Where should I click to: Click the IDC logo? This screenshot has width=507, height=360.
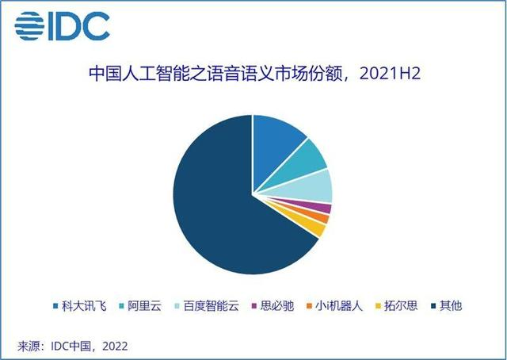62,26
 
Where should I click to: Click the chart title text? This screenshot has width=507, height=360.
255,74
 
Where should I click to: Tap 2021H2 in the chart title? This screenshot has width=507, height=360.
390,74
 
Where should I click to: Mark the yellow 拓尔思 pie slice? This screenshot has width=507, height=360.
315,228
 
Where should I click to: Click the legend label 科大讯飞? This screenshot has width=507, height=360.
84,305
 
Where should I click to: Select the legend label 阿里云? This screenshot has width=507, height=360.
144,305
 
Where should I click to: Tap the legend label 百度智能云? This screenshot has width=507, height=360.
212,305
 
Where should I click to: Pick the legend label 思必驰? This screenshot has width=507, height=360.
277,305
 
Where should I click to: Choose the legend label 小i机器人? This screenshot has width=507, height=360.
339,305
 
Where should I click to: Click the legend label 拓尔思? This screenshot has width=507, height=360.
401,305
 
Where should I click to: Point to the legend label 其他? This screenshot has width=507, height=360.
451,305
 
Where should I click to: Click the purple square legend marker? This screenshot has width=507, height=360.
253,305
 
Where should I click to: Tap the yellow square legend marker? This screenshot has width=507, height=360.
378,305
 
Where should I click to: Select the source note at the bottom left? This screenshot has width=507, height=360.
73,346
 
